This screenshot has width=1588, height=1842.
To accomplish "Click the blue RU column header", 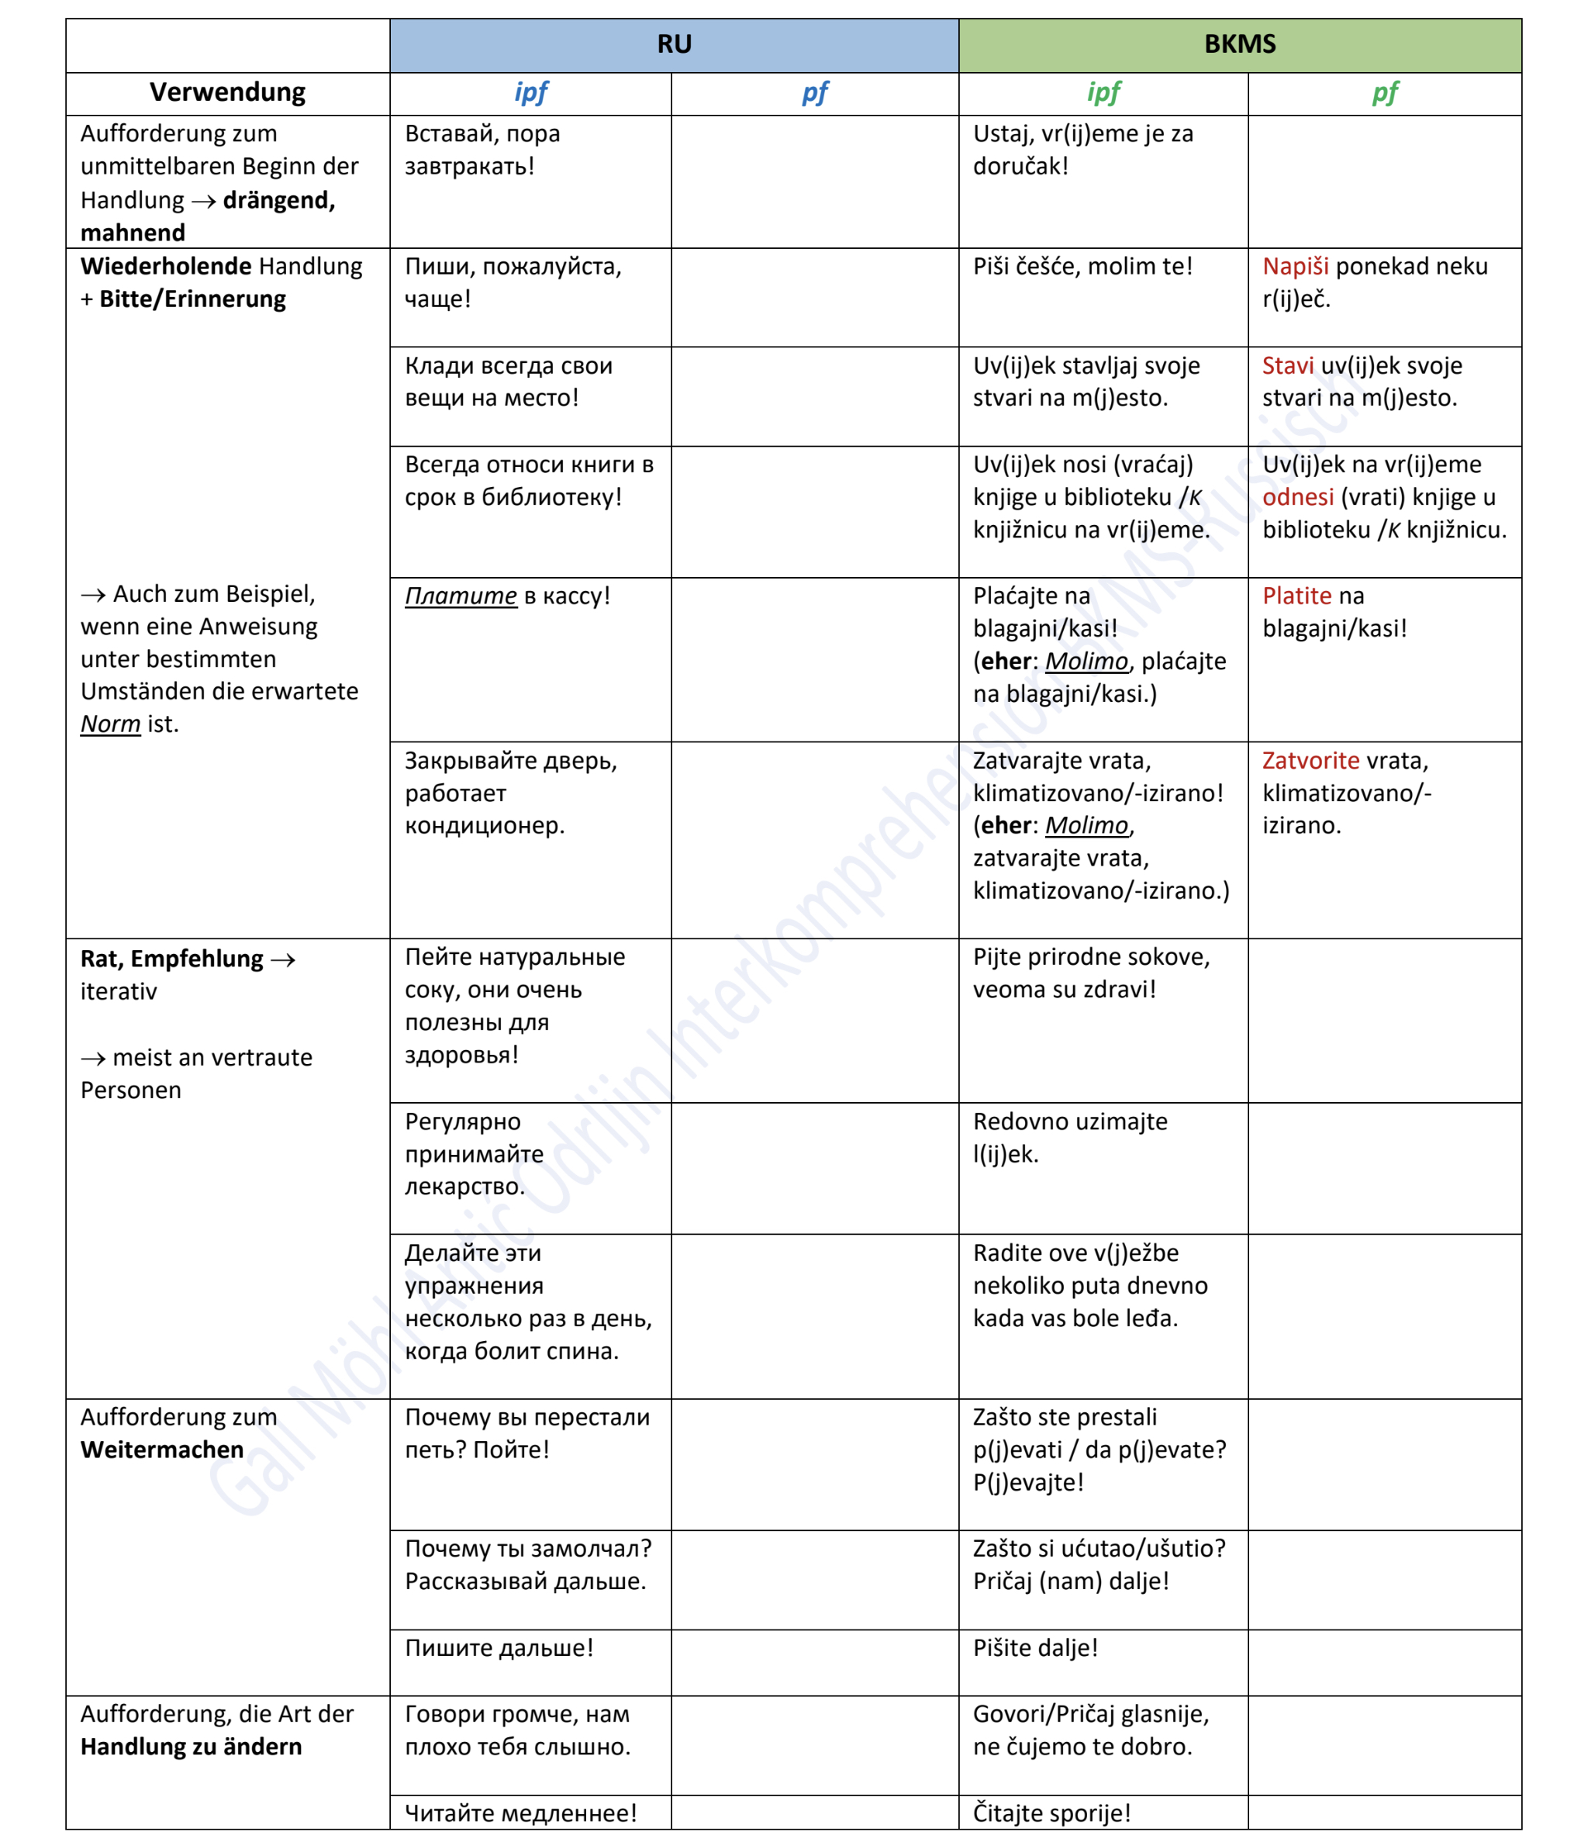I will click(x=674, y=44).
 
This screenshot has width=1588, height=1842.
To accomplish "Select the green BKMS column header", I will click(x=1239, y=44).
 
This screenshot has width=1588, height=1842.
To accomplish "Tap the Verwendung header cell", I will click(x=227, y=93).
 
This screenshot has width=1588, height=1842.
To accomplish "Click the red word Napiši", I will click(x=1295, y=267).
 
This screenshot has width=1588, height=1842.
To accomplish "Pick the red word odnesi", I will click(x=1297, y=498).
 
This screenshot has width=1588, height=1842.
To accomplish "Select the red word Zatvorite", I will click(x=1310, y=761).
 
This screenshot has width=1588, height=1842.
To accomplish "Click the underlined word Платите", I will click(x=461, y=596).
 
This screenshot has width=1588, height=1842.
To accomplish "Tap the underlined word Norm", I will click(x=110, y=724).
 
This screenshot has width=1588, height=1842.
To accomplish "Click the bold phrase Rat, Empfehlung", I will click(x=171, y=959).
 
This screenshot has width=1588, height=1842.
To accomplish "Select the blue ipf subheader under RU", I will click(x=530, y=93).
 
